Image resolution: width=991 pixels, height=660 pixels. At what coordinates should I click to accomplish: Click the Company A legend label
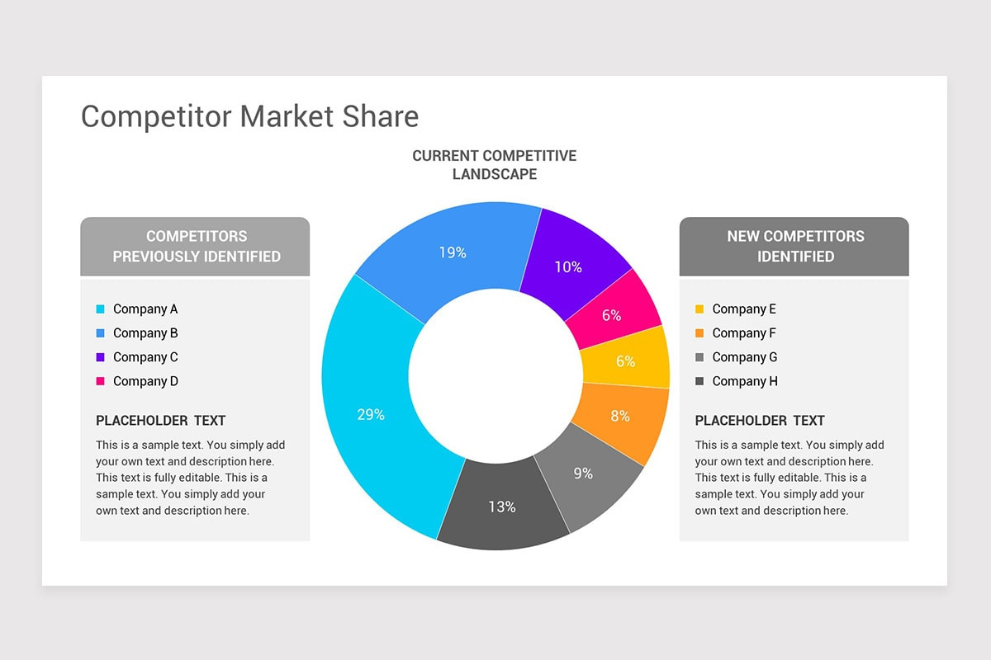[145, 309]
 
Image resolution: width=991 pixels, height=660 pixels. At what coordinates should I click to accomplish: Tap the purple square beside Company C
[101, 357]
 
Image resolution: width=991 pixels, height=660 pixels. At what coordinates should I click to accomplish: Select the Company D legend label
[145, 381]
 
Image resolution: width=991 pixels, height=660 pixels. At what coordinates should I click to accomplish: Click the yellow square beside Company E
[699, 309]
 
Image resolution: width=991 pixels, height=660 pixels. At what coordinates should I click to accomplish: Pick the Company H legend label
[745, 381]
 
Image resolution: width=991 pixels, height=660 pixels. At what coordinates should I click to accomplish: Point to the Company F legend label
[744, 333]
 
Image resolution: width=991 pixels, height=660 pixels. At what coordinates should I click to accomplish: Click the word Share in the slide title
[383, 116]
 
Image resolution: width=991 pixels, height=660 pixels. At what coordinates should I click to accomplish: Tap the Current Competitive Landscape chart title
[495, 165]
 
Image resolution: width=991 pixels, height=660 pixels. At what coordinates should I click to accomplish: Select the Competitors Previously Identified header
[196, 246]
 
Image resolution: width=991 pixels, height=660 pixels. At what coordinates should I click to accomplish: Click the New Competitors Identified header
[795, 246]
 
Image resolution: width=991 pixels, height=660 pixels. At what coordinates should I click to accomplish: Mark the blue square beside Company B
[101, 333]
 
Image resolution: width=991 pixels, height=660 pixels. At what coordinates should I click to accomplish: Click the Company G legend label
[745, 357]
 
